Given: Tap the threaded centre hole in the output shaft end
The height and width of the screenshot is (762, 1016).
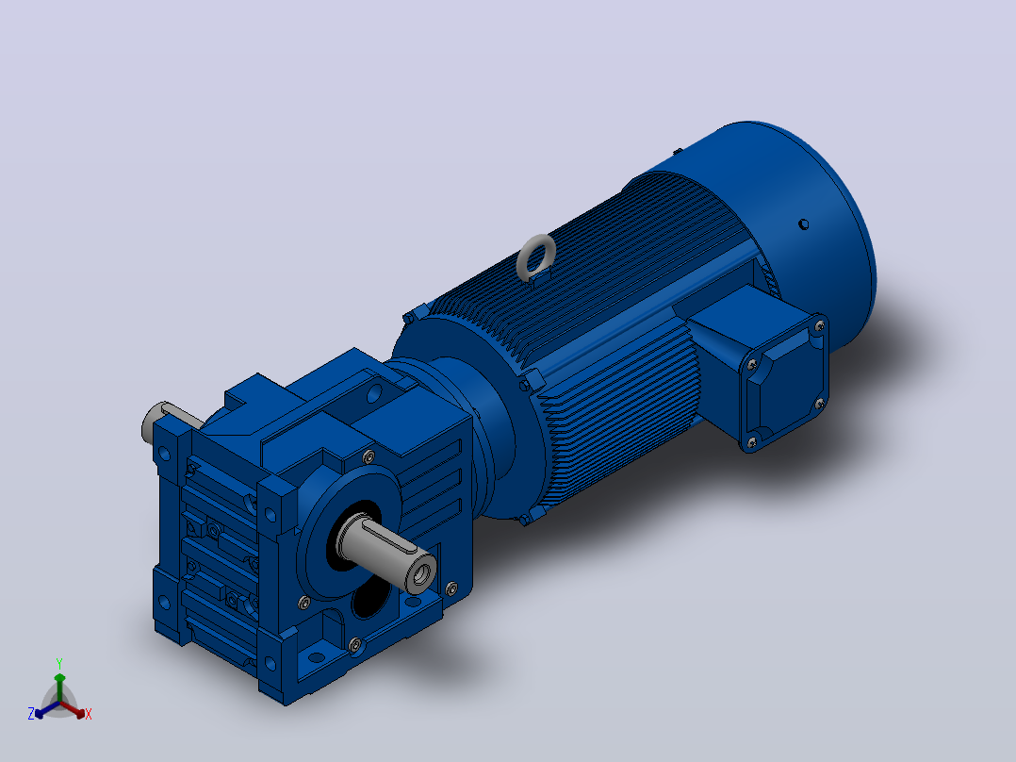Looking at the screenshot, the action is (x=422, y=573).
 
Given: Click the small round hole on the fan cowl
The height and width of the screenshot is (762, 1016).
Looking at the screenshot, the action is (x=803, y=224).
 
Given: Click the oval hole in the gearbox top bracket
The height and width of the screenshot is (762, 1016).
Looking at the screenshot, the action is (x=374, y=393).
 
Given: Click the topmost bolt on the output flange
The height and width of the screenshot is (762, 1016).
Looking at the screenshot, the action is (x=369, y=456).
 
